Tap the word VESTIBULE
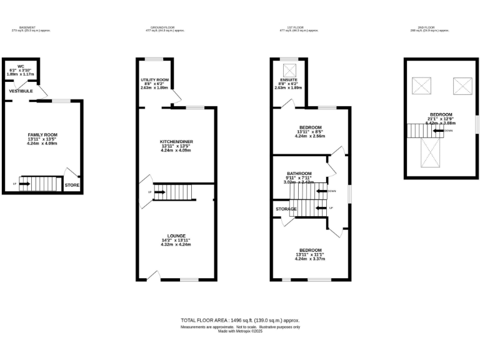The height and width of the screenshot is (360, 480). point(21,91)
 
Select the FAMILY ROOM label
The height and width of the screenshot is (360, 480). point(42,134)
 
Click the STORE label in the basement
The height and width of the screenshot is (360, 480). point(72,186)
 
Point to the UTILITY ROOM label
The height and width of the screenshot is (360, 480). point(154,80)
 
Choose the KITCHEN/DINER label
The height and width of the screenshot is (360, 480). point(176,142)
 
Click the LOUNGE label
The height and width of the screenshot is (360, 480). point(176,236)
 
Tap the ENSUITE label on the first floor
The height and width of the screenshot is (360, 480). point(289,80)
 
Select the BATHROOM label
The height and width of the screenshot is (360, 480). point(299,173)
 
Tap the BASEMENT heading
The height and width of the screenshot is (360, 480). point(27,27)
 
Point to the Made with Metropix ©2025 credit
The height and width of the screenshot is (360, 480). point(240,331)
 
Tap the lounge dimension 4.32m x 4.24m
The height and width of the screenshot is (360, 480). point(176,245)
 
